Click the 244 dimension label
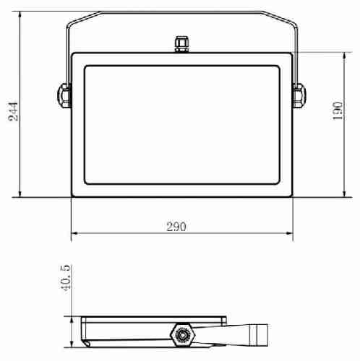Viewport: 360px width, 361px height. pyautogui.click(x=13, y=111)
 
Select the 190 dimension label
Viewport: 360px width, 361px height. pyautogui.click(x=338, y=110)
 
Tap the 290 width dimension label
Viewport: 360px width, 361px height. pyautogui.click(x=176, y=227)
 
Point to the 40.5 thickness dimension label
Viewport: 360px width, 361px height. pyautogui.click(x=65, y=277)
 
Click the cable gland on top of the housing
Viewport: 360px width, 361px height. pyautogui.click(x=181, y=44)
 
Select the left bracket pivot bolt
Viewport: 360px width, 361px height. pyautogui.click(x=64, y=95)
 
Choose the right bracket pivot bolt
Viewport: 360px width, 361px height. pyautogui.click(x=299, y=95)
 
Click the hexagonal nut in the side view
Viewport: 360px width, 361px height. pyautogui.click(x=181, y=335)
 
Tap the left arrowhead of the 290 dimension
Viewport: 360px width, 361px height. pyautogui.click(x=74, y=233)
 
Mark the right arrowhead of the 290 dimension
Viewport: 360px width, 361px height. pyautogui.click(x=289, y=233)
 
